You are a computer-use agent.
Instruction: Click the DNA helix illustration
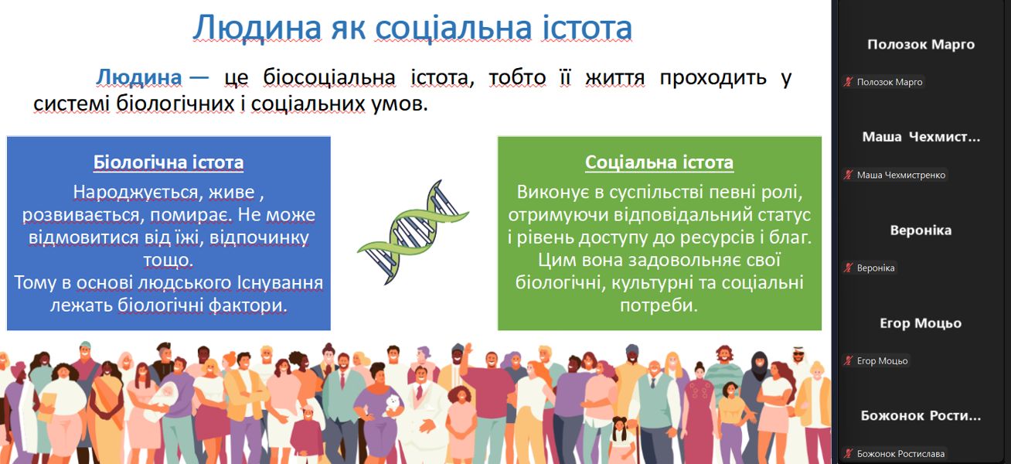pos(413,233)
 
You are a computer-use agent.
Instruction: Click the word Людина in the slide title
pos(257,28)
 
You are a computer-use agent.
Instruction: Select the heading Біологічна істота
pos(168,162)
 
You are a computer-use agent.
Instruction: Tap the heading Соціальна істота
pos(659,162)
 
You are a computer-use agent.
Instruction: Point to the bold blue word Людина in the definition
pos(139,77)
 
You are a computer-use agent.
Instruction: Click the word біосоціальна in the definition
pos(329,77)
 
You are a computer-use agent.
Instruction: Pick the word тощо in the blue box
pos(168,260)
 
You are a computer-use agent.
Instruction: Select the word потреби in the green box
pos(659,305)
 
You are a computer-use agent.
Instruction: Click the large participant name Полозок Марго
pos(921,44)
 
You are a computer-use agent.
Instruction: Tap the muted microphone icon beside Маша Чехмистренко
pos(848,175)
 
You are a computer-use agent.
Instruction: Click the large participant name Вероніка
pos(921,230)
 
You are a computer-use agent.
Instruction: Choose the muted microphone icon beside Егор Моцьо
pos(848,360)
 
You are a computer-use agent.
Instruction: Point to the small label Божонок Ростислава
pos(900,454)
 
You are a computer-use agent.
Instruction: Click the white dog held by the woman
pos(393,404)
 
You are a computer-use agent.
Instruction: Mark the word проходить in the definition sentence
pos(713,77)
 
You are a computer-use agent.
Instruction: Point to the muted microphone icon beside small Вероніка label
pos(848,268)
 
